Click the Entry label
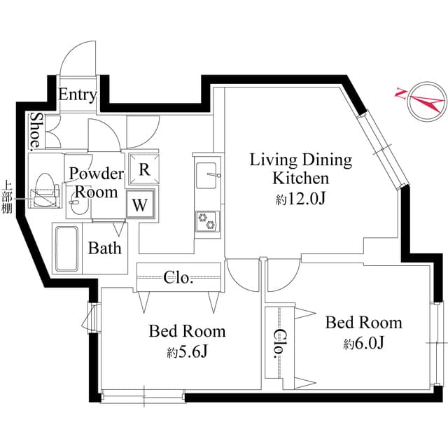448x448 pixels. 77,95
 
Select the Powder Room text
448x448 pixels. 96,183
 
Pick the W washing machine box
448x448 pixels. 141,206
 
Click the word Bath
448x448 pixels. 104,248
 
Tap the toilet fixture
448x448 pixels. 45,190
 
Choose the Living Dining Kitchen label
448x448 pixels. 302,169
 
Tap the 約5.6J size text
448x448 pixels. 187,352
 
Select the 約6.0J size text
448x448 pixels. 363,344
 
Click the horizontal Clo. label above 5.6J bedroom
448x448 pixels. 178,278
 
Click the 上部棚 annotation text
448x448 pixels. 8,199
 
